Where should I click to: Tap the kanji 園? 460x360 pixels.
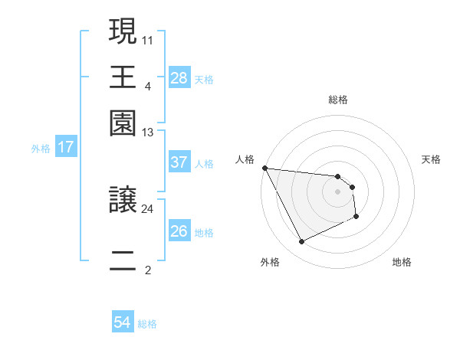click(123, 123)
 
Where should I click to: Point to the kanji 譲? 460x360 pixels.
click(123, 201)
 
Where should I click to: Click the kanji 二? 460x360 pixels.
click(123, 260)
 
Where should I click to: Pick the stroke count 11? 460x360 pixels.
click(148, 38)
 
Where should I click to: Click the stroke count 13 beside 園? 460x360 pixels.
click(148, 133)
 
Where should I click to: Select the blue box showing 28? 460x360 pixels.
click(179, 78)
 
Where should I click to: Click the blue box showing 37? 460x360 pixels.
click(179, 162)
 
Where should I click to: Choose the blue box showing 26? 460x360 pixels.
click(179, 231)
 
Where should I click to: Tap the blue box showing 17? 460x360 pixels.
click(66, 147)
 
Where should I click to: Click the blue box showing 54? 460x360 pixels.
click(122, 322)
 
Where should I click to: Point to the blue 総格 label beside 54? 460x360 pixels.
click(147, 324)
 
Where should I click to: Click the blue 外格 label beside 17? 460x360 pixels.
click(41, 149)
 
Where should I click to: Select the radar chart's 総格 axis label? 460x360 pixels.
click(337, 100)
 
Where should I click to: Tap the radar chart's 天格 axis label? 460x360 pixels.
click(432, 159)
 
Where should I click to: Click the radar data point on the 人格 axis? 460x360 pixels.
click(264, 168)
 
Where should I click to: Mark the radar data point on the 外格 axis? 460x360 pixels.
click(301, 242)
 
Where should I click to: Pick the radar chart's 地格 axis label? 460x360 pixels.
click(402, 262)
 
